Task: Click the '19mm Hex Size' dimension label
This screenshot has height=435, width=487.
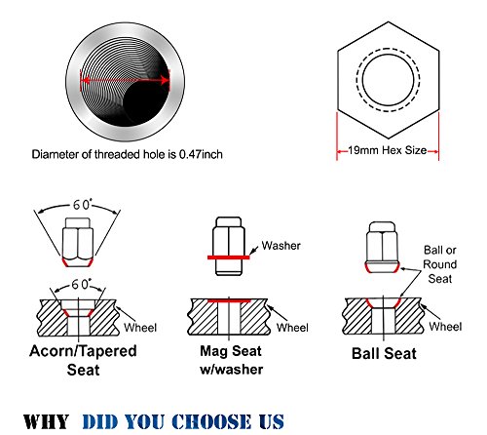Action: point(388,150)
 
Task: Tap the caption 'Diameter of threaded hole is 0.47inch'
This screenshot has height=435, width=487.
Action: point(127,154)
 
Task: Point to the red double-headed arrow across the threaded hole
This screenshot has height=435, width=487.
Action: point(125,80)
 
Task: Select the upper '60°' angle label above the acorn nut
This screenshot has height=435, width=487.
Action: point(83,205)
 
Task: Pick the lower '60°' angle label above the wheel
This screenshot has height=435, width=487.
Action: point(81,285)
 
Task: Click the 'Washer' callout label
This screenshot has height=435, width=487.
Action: point(281,246)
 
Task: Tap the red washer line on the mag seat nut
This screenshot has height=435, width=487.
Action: point(229,257)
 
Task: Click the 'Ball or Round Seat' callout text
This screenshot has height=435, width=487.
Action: point(440,264)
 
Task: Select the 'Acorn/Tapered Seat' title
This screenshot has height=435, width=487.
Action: point(83,360)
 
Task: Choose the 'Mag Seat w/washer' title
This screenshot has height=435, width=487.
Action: point(231,360)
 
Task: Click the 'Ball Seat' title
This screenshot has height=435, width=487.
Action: point(384,353)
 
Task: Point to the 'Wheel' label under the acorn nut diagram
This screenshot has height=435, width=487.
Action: point(140,328)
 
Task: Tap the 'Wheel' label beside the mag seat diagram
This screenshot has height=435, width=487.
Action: point(292,328)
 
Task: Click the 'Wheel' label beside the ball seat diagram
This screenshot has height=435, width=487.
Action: point(445,327)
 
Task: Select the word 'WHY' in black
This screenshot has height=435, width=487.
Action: point(46,421)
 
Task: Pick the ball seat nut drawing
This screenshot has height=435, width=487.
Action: point(382,247)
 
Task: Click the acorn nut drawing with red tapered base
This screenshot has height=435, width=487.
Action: point(78,243)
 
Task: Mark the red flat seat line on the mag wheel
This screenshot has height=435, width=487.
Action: point(229,300)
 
